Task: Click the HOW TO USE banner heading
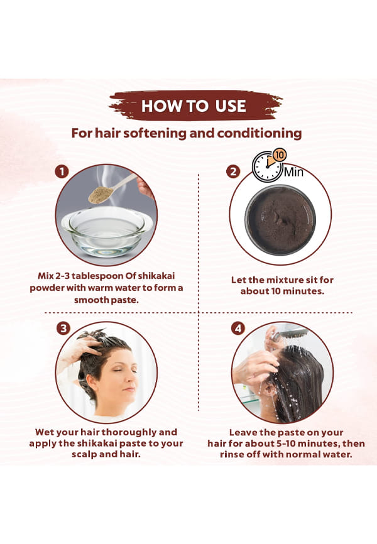coord(194,106)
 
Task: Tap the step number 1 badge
coord(62,171)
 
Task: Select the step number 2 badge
coord(233,171)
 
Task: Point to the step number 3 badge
coord(63,328)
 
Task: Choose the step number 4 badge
coord(238,328)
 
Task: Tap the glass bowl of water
coord(107,230)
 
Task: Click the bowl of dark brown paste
coord(280,220)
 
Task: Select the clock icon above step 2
coord(267,166)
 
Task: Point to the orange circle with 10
coord(280,155)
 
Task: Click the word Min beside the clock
coord(293,171)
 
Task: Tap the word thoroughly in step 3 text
coord(129,433)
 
